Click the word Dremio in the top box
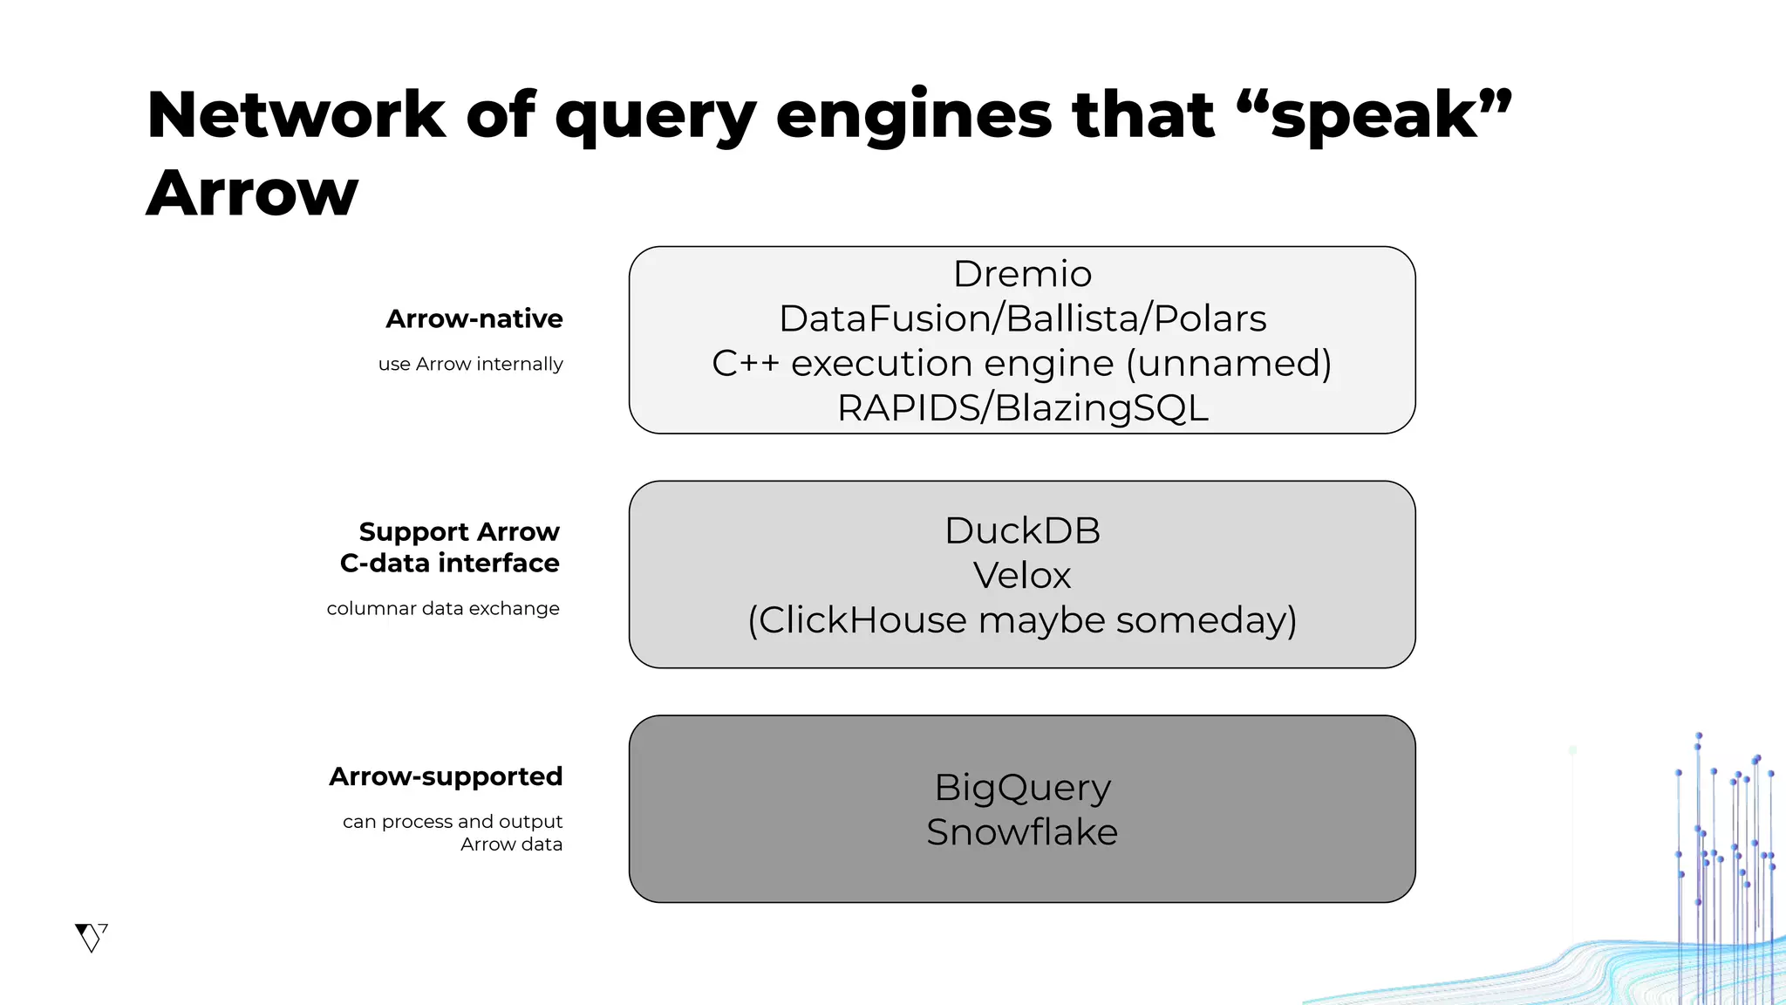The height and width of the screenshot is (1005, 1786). pos(1022,275)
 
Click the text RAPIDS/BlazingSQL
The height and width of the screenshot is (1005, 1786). pos(1022,408)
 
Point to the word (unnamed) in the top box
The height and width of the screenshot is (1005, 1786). pos(1228,364)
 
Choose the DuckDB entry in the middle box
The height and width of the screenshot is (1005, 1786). pos(1022,531)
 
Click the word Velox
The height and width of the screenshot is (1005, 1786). pos(1022,576)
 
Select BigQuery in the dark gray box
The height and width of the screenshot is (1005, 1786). pos(1022,788)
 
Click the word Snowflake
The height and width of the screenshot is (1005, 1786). pos(1022,832)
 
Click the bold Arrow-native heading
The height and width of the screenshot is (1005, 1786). pos(474,319)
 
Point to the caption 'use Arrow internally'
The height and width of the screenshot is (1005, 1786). pos(470,364)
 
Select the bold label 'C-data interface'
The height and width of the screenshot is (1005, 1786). pos(449,564)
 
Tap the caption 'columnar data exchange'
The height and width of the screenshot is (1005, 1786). pos(443,609)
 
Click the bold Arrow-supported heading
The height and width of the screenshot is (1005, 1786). pos(446,776)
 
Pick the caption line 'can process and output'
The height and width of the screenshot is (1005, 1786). pos(452,822)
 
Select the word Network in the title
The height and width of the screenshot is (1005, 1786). pos(297,116)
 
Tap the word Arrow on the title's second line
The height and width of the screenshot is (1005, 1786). pos(253,194)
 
